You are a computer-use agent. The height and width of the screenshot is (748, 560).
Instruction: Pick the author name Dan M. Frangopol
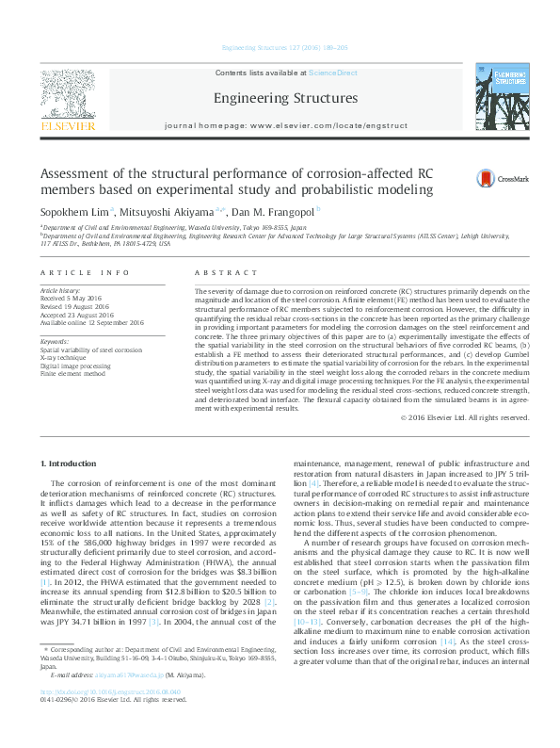(x=275, y=212)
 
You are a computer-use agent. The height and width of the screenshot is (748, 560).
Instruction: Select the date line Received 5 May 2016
(x=79, y=300)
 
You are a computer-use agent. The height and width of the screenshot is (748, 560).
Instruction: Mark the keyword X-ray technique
(x=62, y=356)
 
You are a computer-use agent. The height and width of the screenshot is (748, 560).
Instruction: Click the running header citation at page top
(x=279, y=47)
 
